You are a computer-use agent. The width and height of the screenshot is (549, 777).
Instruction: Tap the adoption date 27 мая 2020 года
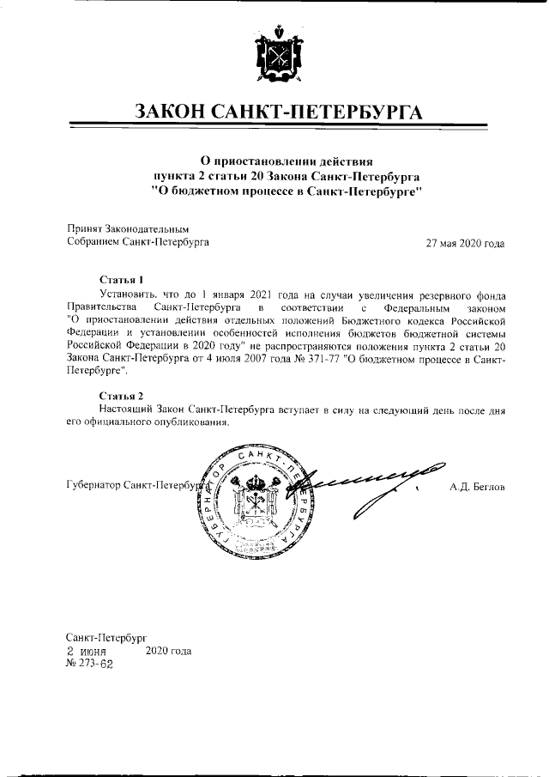coord(465,243)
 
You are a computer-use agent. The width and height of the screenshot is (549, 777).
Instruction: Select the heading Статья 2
coord(121,396)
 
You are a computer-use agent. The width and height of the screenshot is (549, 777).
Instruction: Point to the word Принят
coord(84,229)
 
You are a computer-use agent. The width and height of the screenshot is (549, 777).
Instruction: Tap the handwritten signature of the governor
coord(360,485)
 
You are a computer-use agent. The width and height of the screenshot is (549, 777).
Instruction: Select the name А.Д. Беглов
coord(477,487)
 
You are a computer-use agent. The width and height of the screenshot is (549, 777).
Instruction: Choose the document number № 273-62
coord(89,664)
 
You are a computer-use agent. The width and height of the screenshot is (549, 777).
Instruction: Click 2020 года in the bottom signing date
coord(169,651)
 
